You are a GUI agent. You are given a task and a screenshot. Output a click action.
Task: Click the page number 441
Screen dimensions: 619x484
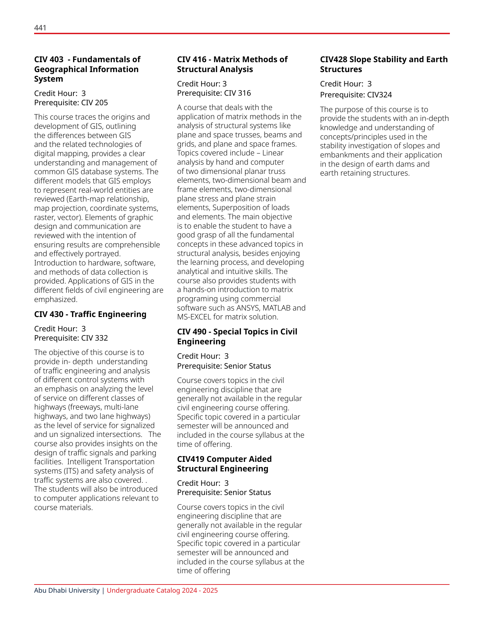40,28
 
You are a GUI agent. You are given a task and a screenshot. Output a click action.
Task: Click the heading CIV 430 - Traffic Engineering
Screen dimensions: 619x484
90,314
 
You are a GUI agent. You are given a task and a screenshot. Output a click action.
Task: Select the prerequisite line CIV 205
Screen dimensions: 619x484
71,102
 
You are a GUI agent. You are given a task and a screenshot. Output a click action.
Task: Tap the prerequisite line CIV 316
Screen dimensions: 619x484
214,93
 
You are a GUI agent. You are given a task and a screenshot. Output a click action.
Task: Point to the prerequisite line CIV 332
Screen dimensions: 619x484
71,338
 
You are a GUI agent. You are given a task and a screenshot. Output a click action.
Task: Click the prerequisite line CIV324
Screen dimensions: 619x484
356,95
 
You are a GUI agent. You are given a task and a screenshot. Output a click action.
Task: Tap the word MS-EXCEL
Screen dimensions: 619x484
194,317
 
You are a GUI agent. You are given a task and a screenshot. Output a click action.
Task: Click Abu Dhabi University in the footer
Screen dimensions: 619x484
67,590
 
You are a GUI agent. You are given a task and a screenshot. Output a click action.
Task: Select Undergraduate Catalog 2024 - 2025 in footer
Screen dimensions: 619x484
162,590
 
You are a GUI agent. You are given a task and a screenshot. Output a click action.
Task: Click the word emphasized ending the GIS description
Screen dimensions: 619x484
55,299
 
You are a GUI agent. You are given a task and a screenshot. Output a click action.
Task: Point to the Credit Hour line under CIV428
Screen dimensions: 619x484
345,84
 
